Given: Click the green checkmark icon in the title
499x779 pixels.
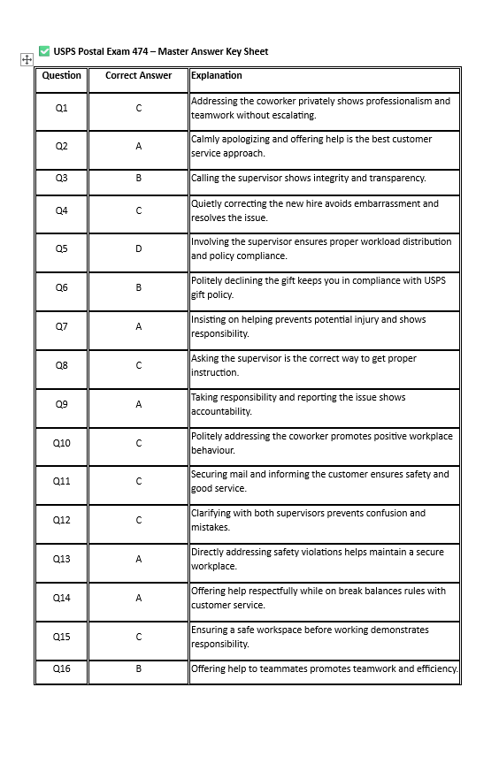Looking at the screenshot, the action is (x=44, y=51).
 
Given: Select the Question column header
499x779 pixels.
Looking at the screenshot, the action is (x=61, y=76).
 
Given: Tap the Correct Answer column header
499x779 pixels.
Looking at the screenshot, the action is (x=138, y=76).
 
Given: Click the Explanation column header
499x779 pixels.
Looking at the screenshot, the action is (x=217, y=76).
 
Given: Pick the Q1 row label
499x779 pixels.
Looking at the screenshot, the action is (x=61, y=108).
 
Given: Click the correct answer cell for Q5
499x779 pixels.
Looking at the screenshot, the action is (x=138, y=248).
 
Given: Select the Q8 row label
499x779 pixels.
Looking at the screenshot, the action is (x=61, y=365).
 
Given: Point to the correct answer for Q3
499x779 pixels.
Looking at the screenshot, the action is (x=138, y=179).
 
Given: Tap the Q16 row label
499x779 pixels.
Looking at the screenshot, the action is (x=61, y=669).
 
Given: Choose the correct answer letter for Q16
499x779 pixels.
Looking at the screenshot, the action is (x=138, y=669).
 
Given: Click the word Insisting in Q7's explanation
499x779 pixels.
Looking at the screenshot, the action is (x=210, y=319).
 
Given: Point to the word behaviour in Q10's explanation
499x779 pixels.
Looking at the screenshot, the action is (x=213, y=450).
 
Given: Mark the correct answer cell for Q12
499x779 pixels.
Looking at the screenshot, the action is (x=138, y=520).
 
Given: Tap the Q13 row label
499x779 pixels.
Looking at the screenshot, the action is (x=61, y=559).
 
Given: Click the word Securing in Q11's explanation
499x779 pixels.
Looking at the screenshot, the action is (x=210, y=474).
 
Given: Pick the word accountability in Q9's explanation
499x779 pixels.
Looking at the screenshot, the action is (x=221, y=411).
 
